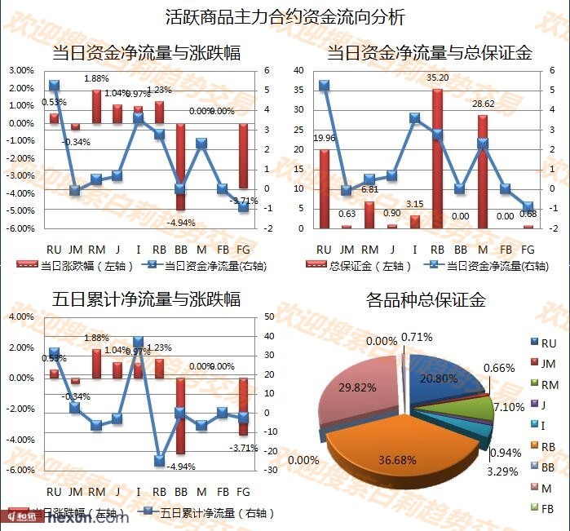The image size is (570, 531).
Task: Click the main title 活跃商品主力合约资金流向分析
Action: [x=285, y=16]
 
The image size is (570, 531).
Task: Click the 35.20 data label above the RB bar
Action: [x=439, y=78]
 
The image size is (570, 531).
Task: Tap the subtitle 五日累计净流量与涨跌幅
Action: [x=147, y=299]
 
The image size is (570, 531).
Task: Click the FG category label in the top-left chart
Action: [x=242, y=249]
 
